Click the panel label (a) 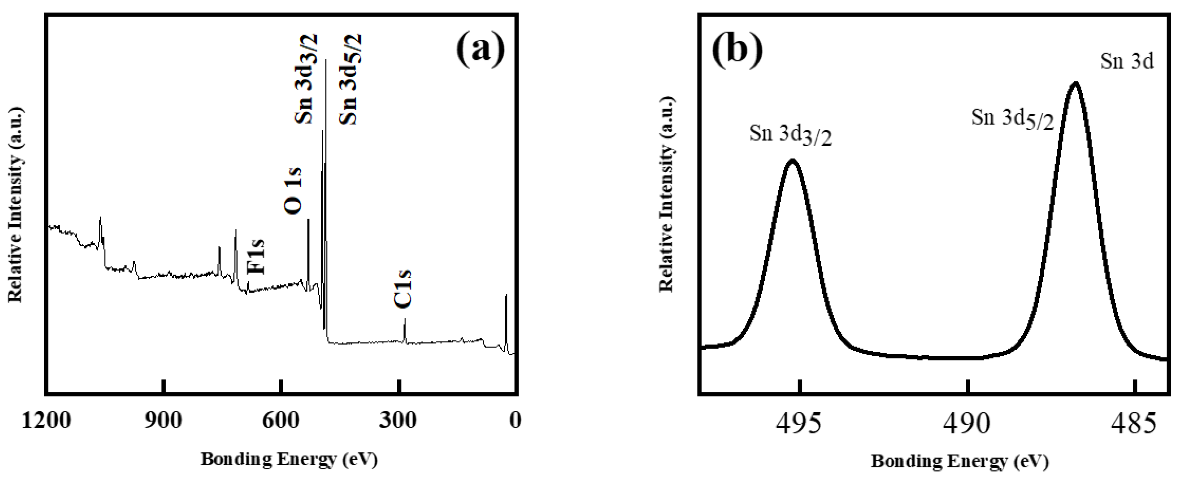[480, 51]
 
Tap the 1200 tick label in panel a [46, 421]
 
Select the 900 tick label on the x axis [163, 421]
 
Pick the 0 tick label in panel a [515, 421]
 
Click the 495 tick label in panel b [799, 424]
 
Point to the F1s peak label [256, 257]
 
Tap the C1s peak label [403, 289]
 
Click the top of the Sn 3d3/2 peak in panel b [792, 160]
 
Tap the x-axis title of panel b [960, 461]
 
